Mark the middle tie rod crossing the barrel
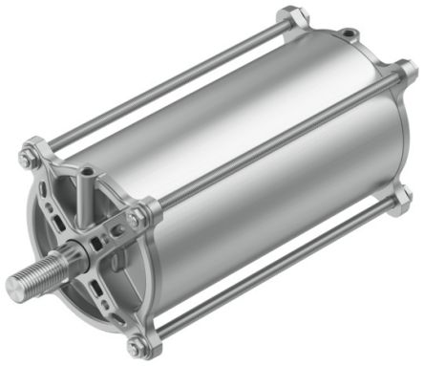(277, 143)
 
